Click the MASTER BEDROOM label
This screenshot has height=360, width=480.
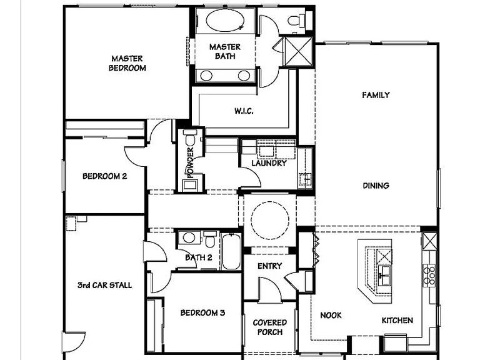pos(127,63)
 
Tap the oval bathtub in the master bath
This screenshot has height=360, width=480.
pos(225,20)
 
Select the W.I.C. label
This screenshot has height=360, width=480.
pos(244,111)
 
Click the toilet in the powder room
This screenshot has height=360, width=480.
pos(190,137)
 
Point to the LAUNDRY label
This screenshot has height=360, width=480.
pos(269,163)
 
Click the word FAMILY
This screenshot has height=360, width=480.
pos(376,95)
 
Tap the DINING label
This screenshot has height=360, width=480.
pos(376,186)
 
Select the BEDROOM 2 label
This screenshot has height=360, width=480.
pos(105,176)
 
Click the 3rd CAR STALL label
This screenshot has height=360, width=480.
pos(105,285)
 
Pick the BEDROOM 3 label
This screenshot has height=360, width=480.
pos(202,313)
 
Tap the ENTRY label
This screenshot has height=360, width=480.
pos(270,266)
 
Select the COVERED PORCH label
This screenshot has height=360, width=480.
pos(270,327)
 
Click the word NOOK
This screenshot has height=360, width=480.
pos(331,315)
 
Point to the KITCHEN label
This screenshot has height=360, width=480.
pos(397,321)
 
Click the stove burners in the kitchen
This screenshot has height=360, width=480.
pos(429,276)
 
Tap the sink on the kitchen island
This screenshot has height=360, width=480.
pos(384,275)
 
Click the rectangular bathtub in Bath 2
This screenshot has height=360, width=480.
pos(231,252)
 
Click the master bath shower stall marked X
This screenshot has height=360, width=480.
pos(299,51)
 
